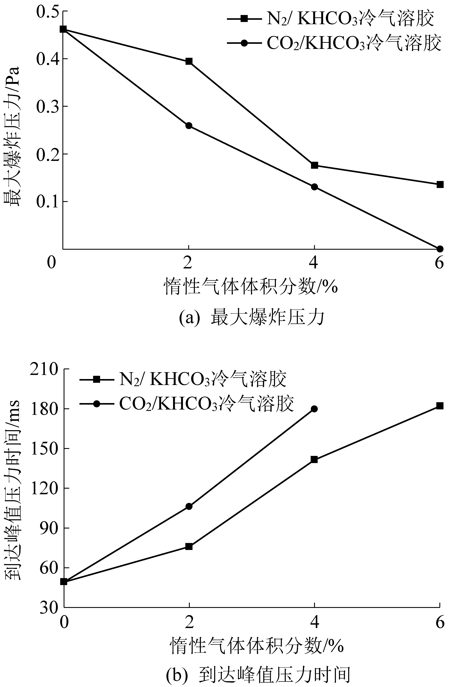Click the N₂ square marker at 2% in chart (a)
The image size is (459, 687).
[189, 62]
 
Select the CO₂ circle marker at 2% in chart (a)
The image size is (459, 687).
[189, 126]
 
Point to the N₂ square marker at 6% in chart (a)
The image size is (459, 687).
[440, 185]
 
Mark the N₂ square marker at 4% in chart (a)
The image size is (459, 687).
[314, 165]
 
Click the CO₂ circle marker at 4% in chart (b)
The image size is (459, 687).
[314, 409]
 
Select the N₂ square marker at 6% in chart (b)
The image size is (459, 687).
[440, 406]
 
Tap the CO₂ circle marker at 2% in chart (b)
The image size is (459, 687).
[189, 507]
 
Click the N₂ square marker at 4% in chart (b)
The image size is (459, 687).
[314, 460]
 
